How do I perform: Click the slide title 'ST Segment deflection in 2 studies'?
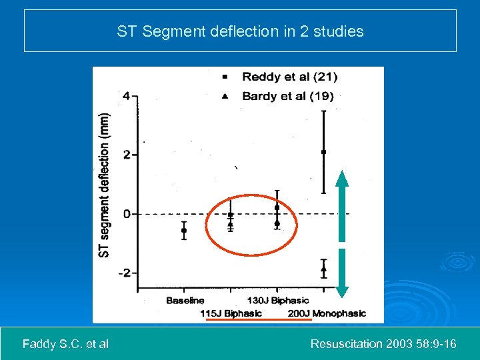click(240, 31)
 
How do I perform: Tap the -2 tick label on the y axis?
click(124, 273)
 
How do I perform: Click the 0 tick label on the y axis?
click(127, 214)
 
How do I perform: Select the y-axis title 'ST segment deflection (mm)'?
click(104, 184)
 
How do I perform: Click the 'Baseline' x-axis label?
click(185, 301)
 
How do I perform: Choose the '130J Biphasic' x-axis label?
click(278, 301)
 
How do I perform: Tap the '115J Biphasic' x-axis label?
click(231, 313)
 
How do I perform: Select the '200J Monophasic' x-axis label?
click(327, 313)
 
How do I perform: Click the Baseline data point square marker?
click(184, 231)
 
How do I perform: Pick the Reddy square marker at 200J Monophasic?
click(323, 152)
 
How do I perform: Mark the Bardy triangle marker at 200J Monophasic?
click(323, 269)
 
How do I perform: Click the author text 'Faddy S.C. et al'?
click(65, 344)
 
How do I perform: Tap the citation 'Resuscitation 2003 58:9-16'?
click(383, 344)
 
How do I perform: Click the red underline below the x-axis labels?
click(259, 320)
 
